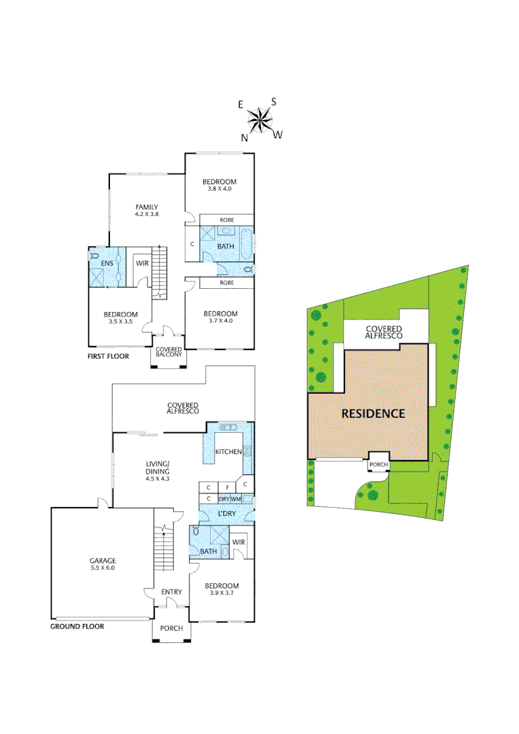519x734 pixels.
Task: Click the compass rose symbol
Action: coord(259,120)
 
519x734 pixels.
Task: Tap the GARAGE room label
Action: coord(103,561)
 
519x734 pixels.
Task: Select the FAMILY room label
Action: coord(146,207)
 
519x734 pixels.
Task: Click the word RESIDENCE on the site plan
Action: coord(373,413)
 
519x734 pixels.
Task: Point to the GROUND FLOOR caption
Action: coord(77,626)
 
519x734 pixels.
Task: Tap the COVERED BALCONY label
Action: coord(168,352)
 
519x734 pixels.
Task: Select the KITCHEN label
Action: coord(228,452)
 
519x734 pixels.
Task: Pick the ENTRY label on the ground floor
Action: coord(171,592)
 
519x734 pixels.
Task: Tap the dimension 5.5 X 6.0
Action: coord(103,567)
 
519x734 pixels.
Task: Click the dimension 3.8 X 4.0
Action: coord(219,188)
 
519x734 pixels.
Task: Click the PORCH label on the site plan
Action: coord(378,466)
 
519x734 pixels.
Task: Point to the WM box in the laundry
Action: coord(236,499)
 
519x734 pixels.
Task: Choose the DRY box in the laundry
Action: coord(222,499)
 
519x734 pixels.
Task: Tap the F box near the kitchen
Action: coord(226,487)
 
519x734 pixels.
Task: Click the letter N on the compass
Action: coord(244,137)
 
